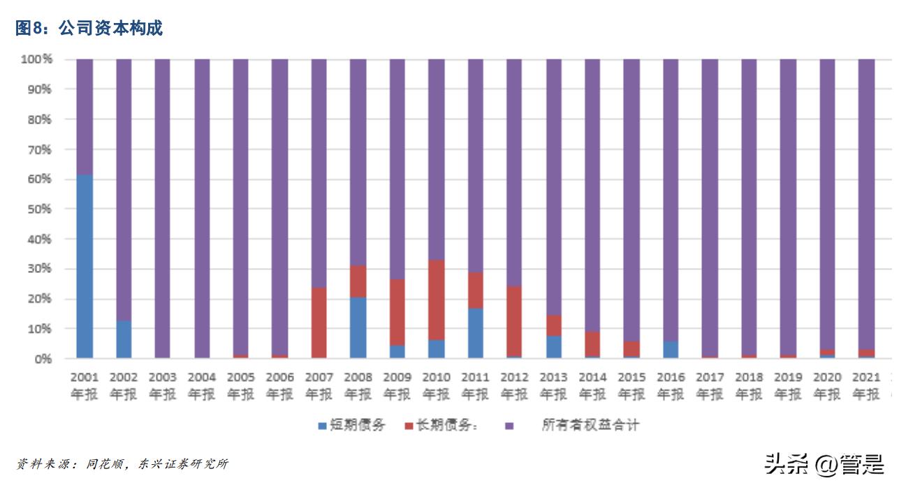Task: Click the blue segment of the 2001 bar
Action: [85, 267]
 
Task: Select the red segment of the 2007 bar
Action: [319, 322]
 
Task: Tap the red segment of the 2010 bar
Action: [437, 300]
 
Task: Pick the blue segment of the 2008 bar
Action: [358, 327]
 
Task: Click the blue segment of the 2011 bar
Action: [476, 333]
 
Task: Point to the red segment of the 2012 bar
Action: [515, 322]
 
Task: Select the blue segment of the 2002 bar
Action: [124, 339]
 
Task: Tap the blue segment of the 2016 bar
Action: [671, 350]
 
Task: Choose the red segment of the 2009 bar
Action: [397, 312]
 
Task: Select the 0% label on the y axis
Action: [43, 359]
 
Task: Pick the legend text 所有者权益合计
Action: [590, 425]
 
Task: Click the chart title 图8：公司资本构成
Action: [89, 28]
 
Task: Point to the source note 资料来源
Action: [122, 464]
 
